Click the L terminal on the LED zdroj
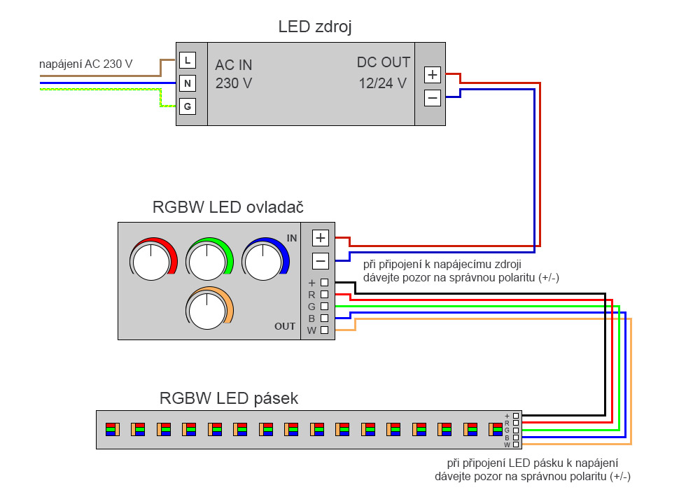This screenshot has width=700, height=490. (x=188, y=61)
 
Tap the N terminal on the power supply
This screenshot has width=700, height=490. (x=188, y=84)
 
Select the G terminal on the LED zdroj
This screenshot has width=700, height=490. (x=188, y=106)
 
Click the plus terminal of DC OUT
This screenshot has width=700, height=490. (x=433, y=75)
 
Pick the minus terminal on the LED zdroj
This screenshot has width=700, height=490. (x=433, y=98)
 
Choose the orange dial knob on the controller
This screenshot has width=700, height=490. (x=208, y=310)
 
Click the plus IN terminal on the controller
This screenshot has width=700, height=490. (x=321, y=238)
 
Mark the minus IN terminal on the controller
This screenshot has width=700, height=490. (x=321, y=261)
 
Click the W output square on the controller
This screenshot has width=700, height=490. (x=324, y=330)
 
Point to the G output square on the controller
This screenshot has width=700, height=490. (x=324, y=306)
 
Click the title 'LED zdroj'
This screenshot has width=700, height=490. (x=315, y=27)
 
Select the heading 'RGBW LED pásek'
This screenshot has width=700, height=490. (x=229, y=398)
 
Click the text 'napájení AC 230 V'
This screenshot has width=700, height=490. (x=86, y=64)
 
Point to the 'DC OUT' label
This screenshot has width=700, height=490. (x=384, y=62)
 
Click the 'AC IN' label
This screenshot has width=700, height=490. (x=234, y=65)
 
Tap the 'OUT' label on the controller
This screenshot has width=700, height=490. (x=285, y=326)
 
